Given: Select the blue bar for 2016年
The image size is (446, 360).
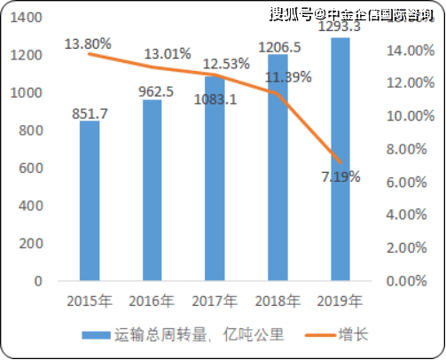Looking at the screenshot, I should click(152, 190).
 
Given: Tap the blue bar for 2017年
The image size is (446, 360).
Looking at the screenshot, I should click(215, 178).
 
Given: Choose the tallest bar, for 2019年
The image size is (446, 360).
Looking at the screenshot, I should click(340, 159).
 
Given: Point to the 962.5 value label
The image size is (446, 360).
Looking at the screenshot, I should click(152, 90).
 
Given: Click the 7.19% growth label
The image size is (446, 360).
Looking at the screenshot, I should click(340, 176).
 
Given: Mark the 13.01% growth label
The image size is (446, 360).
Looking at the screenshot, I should click(166, 53).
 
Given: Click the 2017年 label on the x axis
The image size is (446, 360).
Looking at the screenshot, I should click(215, 298).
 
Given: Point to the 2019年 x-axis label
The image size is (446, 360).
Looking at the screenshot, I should click(340, 298).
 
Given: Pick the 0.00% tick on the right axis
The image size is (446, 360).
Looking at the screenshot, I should click(411, 280).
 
